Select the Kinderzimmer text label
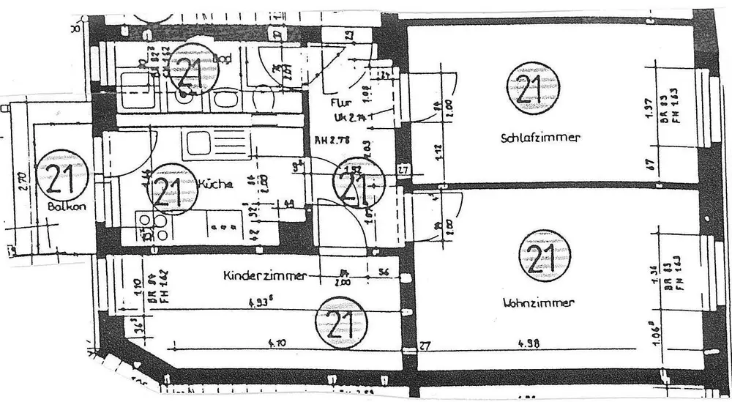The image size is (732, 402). (x=264, y=276)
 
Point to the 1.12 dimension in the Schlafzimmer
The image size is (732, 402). (x=436, y=153)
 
